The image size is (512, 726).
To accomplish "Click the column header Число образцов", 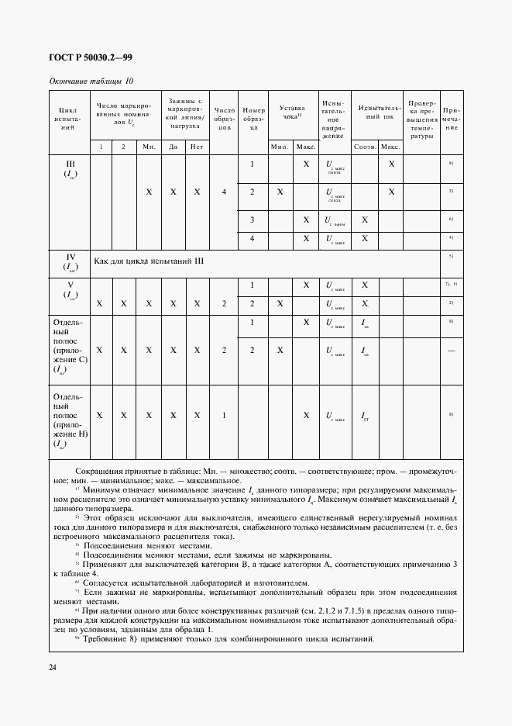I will [x=224, y=119].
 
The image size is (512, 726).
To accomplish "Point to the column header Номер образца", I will [x=253, y=119].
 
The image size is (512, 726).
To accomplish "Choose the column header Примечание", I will [x=451, y=119].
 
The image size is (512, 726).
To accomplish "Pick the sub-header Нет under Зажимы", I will [x=197, y=147].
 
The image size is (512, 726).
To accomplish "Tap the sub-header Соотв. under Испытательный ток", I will [x=364, y=147].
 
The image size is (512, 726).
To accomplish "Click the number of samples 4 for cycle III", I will [x=224, y=192].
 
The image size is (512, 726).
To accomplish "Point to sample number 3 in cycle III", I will [x=253, y=220].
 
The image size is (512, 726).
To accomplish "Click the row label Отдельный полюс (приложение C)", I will [x=70, y=345].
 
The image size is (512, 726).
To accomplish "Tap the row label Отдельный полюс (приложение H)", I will [x=70, y=420].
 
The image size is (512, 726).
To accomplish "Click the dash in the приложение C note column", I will [x=451, y=350].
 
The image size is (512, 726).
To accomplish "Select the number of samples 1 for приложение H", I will [x=224, y=416].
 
